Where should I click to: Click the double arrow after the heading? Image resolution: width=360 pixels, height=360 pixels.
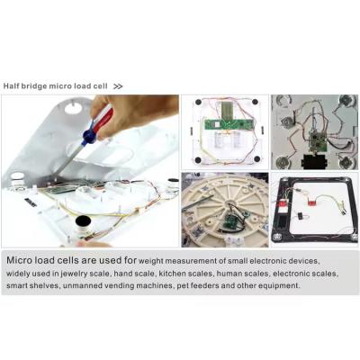pyautogui.click(x=118, y=85)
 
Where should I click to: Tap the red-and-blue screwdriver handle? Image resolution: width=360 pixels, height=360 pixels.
pyautogui.click(x=100, y=127)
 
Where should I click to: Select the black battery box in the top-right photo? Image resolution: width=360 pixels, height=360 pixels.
pyautogui.click(x=315, y=161)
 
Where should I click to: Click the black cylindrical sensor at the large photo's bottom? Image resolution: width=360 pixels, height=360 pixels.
pyautogui.click(x=83, y=224)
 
